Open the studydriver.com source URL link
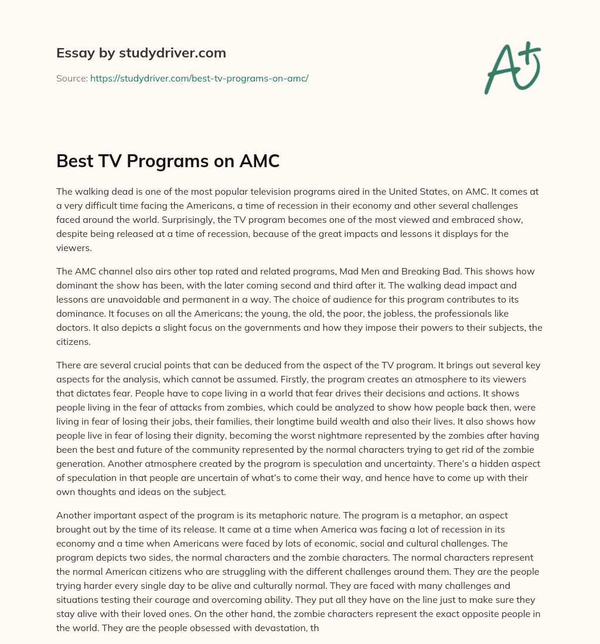point(199,78)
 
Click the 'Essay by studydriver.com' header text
point(141,53)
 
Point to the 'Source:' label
point(71,78)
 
